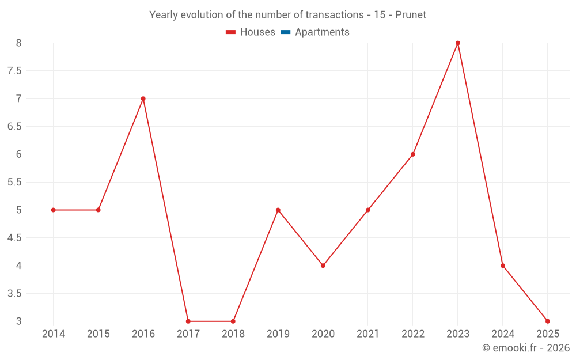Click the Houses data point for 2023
[458, 43]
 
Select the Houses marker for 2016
[143, 98]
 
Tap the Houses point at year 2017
[188, 321]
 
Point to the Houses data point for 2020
[323, 266]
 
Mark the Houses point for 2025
[548, 321]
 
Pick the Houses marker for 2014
[54, 210]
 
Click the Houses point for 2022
[413, 154]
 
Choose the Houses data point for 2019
[278, 210]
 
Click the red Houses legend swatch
[230, 32]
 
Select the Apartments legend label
[322, 32]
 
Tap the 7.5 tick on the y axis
[14, 71]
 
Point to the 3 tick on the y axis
[18, 321]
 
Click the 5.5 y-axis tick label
[14, 182]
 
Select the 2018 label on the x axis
[233, 334]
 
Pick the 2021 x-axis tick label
[368, 334]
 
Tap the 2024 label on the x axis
[503, 334]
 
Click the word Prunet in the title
[411, 15]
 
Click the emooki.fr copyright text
[525, 348]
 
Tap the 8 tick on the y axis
[18, 43]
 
